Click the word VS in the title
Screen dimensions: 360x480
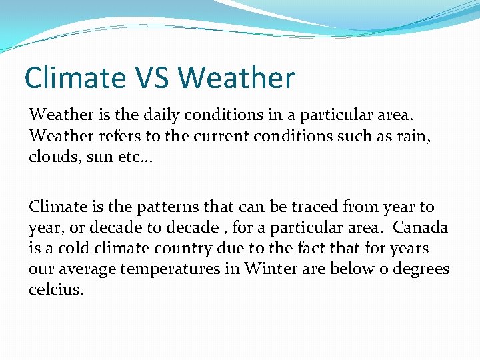[x=151, y=78]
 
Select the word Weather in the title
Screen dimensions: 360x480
[x=236, y=78]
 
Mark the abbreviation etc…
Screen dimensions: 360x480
[x=134, y=157]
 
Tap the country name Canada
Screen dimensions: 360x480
[x=420, y=228]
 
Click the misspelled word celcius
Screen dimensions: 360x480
[x=57, y=291]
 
